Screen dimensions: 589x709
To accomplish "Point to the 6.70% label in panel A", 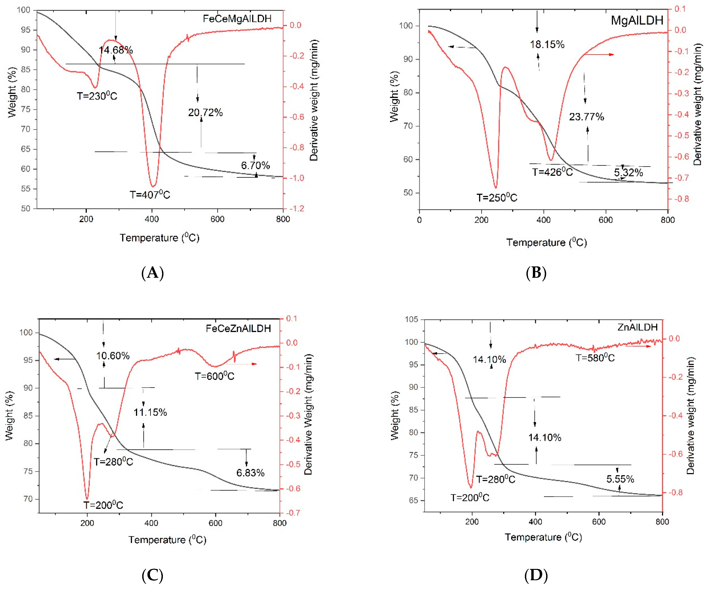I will [255, 165].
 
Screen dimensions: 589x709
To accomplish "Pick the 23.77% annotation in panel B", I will [587, 117].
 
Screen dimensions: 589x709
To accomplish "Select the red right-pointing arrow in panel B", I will [599, 54].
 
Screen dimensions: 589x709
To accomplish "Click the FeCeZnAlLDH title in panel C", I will [238, 328].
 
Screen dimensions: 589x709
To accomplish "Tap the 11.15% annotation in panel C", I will [150, 412].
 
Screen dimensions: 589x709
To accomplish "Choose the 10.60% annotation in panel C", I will [113, 356].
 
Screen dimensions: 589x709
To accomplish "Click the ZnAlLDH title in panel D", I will [637, 327].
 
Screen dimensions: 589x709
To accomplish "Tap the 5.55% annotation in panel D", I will [620, 479].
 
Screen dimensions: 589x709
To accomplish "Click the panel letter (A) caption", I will [153, 273].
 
